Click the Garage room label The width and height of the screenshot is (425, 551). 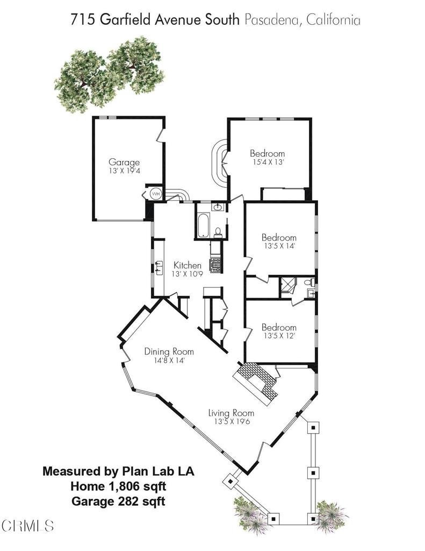tap(124, 163)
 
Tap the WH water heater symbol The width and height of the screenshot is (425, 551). tap(155, 194)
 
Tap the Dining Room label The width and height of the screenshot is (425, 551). tap(169, 351)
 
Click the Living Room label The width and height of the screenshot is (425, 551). tap(231, 413)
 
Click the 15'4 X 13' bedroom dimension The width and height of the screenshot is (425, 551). tap(267, 163)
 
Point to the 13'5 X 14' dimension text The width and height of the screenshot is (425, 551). tap(279, 246)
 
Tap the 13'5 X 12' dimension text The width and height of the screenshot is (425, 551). tap(279, 336)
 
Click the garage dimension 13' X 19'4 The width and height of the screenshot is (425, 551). tap(124, 171)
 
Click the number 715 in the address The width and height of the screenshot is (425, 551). tap(82, 20)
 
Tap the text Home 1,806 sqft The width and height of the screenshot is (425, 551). tap(118, 486)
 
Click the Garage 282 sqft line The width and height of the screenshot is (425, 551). tap(118, 501)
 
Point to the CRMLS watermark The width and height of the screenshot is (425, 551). tap(27, 526)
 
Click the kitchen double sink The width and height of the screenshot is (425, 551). tap(159, 267)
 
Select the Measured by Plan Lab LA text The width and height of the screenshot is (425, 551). tap(118, 471)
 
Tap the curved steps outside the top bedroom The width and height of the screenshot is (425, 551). tap(220, 164)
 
